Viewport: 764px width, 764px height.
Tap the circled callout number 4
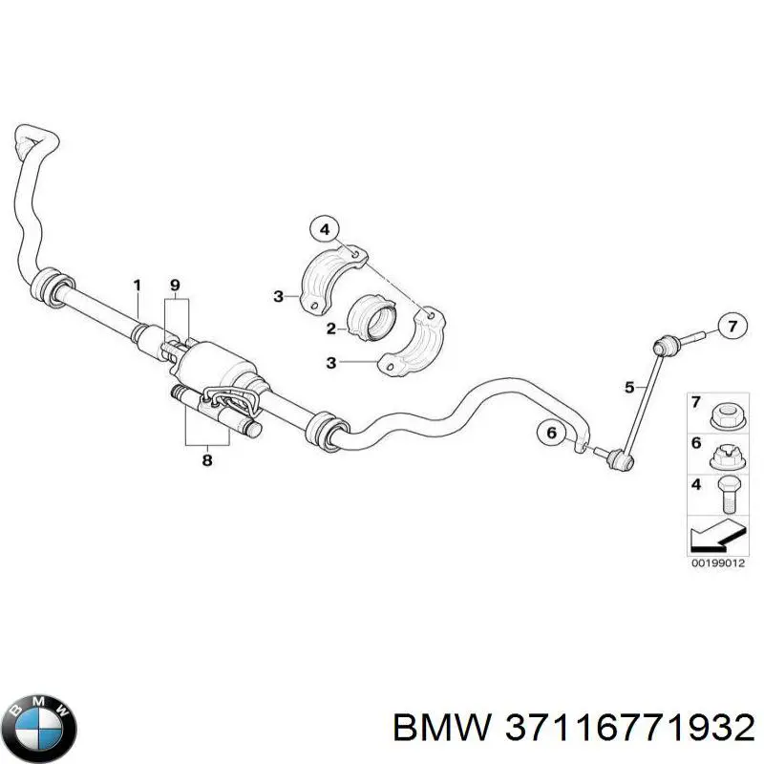coord(326,229)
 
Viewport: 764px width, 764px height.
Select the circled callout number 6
coord(552,433)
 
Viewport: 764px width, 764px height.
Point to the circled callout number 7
coord(732,326)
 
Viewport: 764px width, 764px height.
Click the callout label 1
coord(137,286)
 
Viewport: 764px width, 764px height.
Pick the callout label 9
coord(175,285)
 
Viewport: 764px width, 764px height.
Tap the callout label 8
coord(207,460)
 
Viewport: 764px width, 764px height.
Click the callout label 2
coord(331,329)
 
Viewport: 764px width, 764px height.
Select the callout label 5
coord(629,388)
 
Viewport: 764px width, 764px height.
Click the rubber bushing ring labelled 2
coord(371,318)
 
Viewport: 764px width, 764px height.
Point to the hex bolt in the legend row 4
coord(729,495)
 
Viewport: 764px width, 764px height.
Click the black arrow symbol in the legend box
coord(717,536)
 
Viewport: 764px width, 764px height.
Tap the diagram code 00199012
coord(718,563)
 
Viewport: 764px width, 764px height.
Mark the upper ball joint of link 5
coord(666,346)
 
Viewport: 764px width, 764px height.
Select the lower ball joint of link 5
coord(619,458)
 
